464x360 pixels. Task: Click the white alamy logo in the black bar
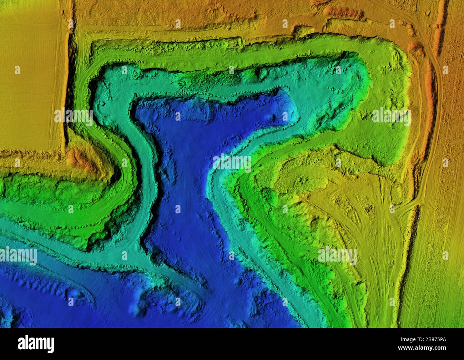point(36,343)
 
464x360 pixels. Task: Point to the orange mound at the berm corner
point(77,158)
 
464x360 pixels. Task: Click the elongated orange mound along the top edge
point(344,14)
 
